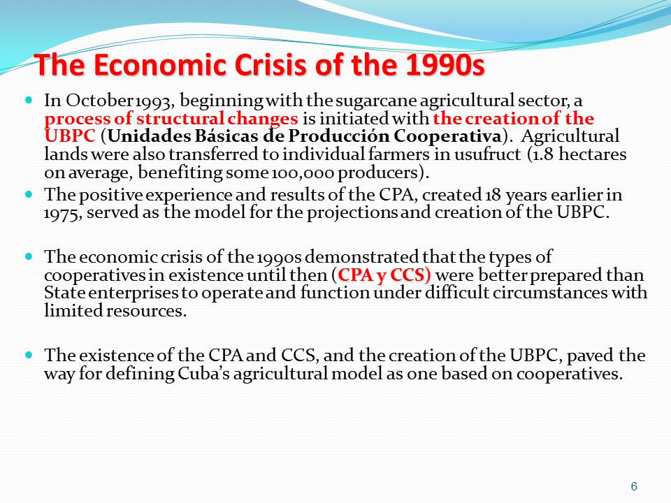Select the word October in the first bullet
100,101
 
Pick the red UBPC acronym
70,136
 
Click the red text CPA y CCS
384,275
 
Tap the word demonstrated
361,257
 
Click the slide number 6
634,487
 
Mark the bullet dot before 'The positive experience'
29,194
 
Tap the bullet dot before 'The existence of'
29,355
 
